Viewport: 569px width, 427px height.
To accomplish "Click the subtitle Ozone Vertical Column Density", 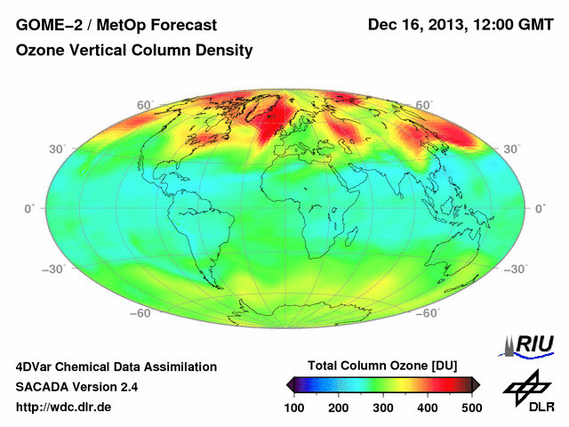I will point(134,51).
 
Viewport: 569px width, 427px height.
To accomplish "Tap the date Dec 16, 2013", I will point(417,25).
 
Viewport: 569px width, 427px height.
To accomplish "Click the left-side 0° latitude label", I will point(28,208).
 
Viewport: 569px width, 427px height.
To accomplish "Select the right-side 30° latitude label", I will point(512,149).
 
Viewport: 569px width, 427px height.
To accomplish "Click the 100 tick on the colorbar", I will point(294,407).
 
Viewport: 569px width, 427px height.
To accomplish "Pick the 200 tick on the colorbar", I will point(339,407).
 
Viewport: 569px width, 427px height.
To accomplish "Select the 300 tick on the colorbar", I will point(383,407).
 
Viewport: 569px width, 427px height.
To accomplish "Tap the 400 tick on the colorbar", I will point(427,407).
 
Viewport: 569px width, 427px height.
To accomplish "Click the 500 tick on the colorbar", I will point(471,407).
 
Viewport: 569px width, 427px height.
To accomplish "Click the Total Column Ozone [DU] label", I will point(381,366).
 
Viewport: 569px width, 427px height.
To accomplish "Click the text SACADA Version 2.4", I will point(76,387).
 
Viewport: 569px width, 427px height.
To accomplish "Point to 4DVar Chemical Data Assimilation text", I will point(116,367).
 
